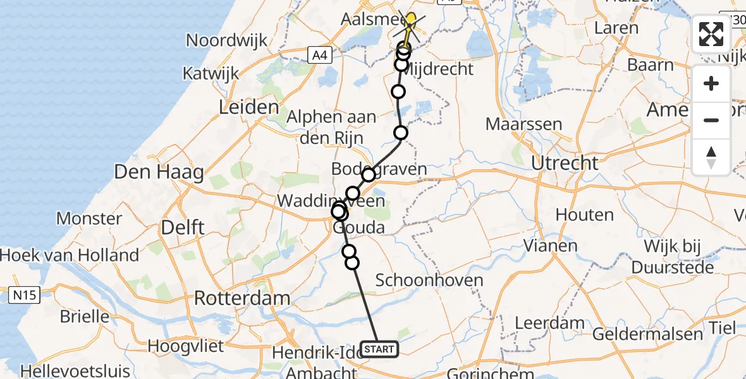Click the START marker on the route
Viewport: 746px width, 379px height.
379,349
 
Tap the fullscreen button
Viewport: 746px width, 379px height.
711,34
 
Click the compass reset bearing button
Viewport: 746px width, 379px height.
711,157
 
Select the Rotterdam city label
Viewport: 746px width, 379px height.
242,298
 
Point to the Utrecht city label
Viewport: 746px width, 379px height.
565,163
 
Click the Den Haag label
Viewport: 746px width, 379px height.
159,172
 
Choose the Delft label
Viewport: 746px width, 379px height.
182,227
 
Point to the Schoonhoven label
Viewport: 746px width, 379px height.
429,280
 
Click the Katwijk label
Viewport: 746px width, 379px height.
211,73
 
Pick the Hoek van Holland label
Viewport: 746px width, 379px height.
70,255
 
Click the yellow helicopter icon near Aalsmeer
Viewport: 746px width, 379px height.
410,21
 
